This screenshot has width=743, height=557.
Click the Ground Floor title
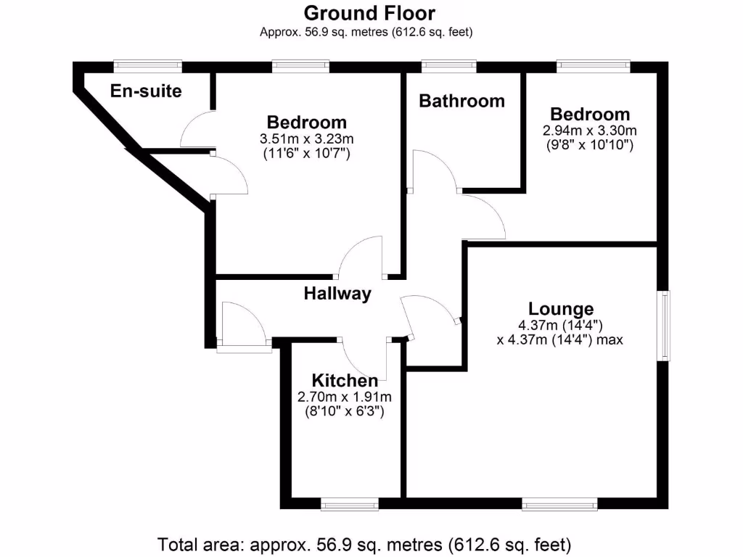pos(369,13)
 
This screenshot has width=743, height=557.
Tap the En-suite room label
pos(146,91)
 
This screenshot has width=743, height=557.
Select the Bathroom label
pos(461,101)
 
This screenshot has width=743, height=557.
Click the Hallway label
pos(337,294)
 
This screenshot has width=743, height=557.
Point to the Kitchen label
pos(345,381)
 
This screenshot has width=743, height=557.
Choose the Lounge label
pos(561,309)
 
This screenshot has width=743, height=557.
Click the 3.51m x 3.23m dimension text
pos(306,139)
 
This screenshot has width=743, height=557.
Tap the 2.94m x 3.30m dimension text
pos(589,131)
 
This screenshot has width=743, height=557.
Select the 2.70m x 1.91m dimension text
pos(344,397)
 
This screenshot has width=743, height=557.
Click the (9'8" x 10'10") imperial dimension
pos(589,145)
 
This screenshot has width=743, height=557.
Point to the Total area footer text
pos(365,543)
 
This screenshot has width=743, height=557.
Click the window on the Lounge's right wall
pos(664,326)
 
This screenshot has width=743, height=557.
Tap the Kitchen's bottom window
pos(349,503)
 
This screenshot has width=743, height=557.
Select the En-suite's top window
pos(147,66)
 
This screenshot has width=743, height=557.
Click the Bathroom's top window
pos(448,66)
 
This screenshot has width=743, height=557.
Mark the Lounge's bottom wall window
pos(559,503)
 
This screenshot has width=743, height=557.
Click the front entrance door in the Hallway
pos(243,326)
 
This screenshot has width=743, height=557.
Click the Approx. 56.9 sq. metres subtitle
pos(370,32)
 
